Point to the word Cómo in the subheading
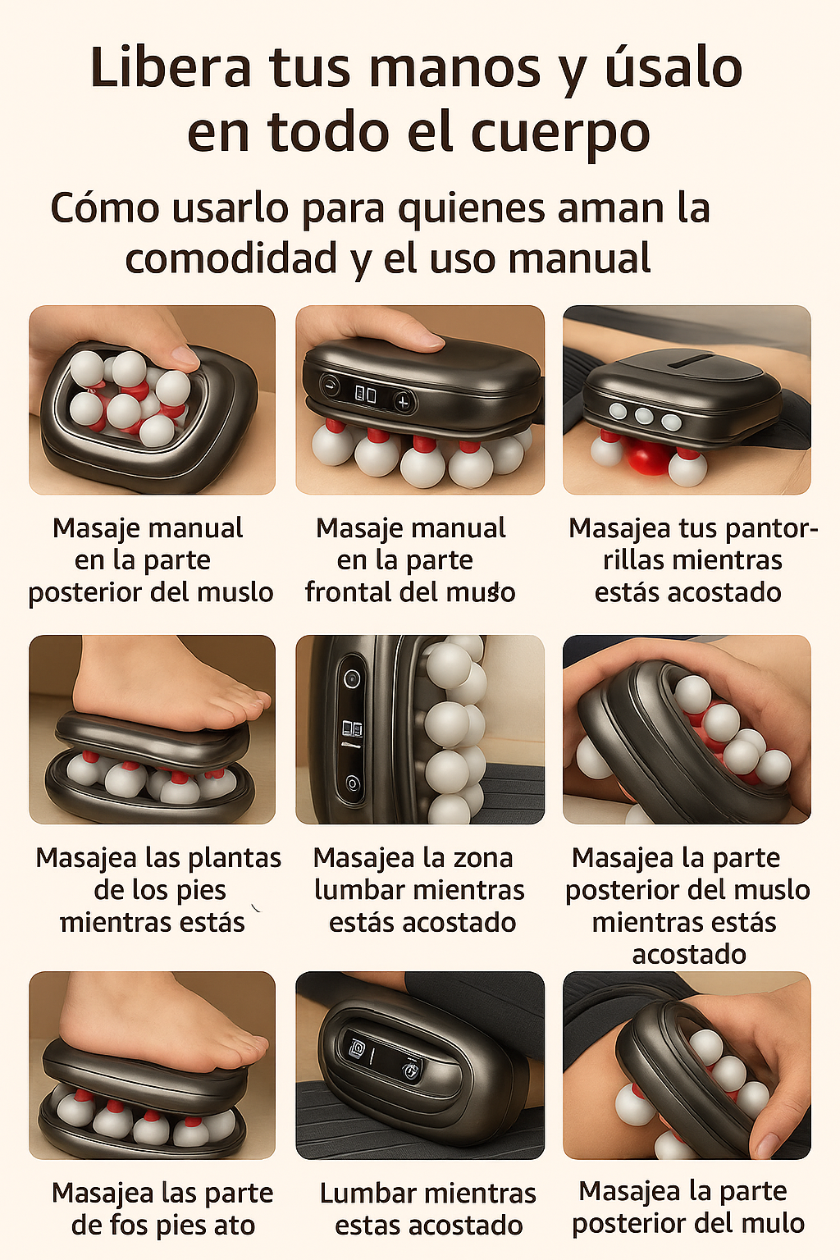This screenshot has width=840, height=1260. (105, 208)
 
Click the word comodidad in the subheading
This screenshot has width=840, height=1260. (231, 259)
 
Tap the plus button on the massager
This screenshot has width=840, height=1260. (402, 402)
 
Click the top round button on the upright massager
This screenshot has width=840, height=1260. (353, 679)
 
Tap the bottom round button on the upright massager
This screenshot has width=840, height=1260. (353, 783)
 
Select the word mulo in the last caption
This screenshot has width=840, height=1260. (773, 1224)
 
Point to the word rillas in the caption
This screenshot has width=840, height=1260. (635, 560)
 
